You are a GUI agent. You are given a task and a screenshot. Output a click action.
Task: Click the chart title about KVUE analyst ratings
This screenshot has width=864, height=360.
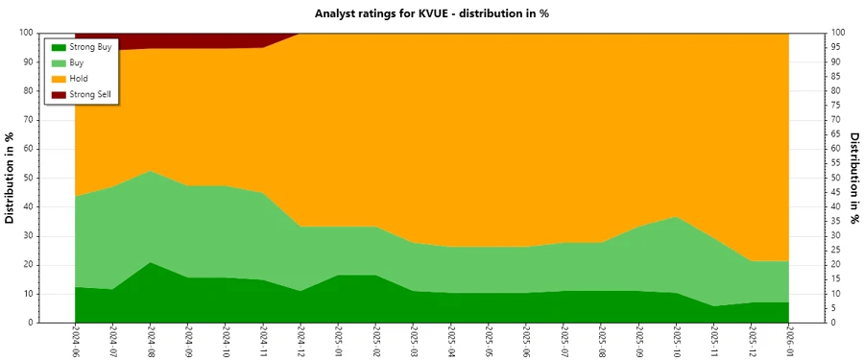tap(431, 13)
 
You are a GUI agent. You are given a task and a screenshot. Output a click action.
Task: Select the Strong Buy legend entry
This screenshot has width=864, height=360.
tap(92, 47)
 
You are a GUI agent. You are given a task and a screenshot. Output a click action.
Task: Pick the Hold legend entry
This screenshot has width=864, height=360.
tap(80, 78)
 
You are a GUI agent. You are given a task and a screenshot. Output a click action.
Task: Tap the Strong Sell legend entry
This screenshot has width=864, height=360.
tap(91, 93)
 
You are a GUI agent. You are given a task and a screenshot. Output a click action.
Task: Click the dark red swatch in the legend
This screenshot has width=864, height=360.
tap(58, 93)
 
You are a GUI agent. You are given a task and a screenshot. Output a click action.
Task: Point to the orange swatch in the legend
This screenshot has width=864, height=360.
tap(58, 78)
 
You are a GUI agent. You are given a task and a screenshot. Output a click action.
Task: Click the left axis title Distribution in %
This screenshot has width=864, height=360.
tap(11, 178)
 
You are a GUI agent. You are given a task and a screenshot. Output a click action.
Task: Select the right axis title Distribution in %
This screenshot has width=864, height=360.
tap(853, 178)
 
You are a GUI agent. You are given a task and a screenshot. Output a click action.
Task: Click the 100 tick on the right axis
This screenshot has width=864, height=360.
tap(838, 33)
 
